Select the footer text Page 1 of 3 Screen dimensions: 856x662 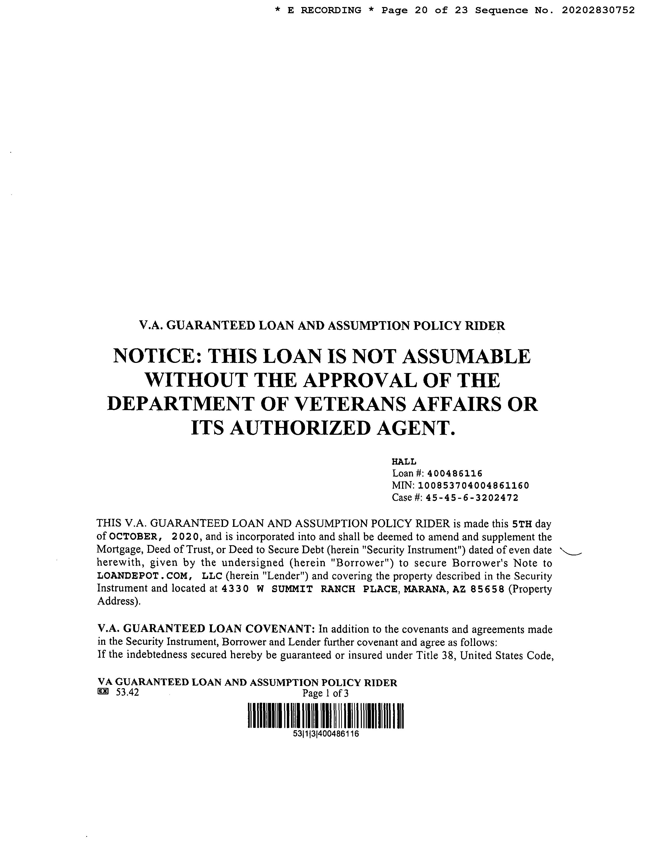click(326, 693)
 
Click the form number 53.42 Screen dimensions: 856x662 click(127, 693)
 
